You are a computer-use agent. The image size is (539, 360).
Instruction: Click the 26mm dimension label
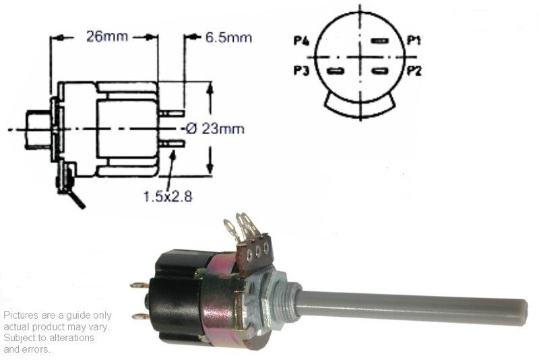(107, 36)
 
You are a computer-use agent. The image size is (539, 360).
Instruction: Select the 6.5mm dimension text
(228, 38)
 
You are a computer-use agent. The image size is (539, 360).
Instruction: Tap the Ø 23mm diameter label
(215, 129)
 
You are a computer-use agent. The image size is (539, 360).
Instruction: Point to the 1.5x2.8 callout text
(167, 196)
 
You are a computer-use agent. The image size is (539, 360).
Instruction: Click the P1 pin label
(414, 40)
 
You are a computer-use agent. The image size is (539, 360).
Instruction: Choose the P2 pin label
(414, 71)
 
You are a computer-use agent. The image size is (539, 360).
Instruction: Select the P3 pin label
(301, 71)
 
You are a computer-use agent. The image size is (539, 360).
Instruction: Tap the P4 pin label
(301, 41)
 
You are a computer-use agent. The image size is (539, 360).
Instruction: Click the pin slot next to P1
(380, 41)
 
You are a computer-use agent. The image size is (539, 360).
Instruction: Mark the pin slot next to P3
(335, 71)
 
